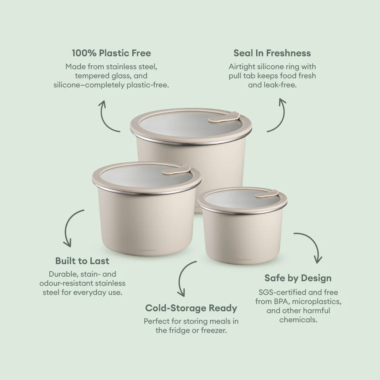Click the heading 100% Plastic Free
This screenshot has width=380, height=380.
(111, 53)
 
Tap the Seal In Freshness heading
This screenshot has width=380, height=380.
(272, 53)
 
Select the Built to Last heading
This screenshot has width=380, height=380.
(82, 261)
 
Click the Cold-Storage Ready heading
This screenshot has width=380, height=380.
(191, 308)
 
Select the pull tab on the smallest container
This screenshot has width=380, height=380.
(268, 194)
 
